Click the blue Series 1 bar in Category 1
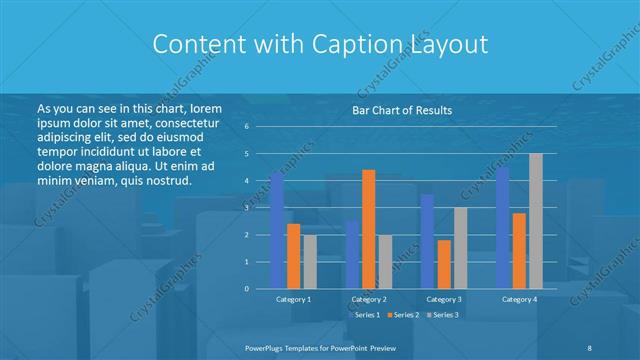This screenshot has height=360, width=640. pos(277,230)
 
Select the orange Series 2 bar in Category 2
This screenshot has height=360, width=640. pos(369,229)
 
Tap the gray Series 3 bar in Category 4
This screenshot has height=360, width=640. pos(536,221)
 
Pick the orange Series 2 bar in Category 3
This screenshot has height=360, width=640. pos(444,264)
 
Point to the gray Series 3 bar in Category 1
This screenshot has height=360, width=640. pos(309,262)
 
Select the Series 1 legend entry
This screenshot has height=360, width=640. pos(365,315)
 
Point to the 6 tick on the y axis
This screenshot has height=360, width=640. pos(246,127)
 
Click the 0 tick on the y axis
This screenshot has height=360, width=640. pos(246,289)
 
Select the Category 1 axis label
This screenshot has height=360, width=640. pos(293,299)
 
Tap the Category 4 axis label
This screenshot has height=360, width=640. pos(519,299)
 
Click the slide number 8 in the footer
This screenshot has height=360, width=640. pos(589,346)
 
